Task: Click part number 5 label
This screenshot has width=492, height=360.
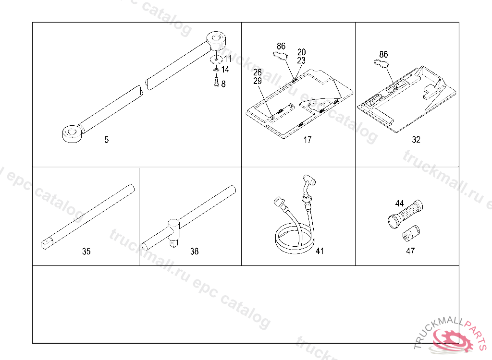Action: tap(106, 140)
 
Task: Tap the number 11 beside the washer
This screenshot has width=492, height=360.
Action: tap(227, 59)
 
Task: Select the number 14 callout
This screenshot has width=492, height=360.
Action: tap(225, 70)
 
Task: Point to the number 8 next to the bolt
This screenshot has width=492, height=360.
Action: tap(223, 84)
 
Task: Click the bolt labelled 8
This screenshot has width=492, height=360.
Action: tap(216, 81)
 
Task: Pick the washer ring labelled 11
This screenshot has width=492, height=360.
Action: tap(216, 59)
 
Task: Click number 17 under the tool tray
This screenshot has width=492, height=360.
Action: tap(307, 140)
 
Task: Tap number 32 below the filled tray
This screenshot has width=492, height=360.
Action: tap(416, 140)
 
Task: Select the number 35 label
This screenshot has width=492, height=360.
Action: tap(86, 251)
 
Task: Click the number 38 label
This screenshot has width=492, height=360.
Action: tap(194, 251)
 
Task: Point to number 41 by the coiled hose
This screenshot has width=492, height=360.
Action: tap(320, 251)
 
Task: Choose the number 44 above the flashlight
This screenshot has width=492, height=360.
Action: tap(399, 204)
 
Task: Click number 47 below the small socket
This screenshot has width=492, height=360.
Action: tap(410, 251)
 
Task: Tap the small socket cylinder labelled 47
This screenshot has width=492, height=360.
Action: tap(411, 233)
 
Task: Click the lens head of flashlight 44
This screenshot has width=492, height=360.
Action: tap(394, 221)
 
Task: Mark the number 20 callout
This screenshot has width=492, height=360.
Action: tap(302, 52)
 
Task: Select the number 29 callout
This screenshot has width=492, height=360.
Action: tap(258, 81)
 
